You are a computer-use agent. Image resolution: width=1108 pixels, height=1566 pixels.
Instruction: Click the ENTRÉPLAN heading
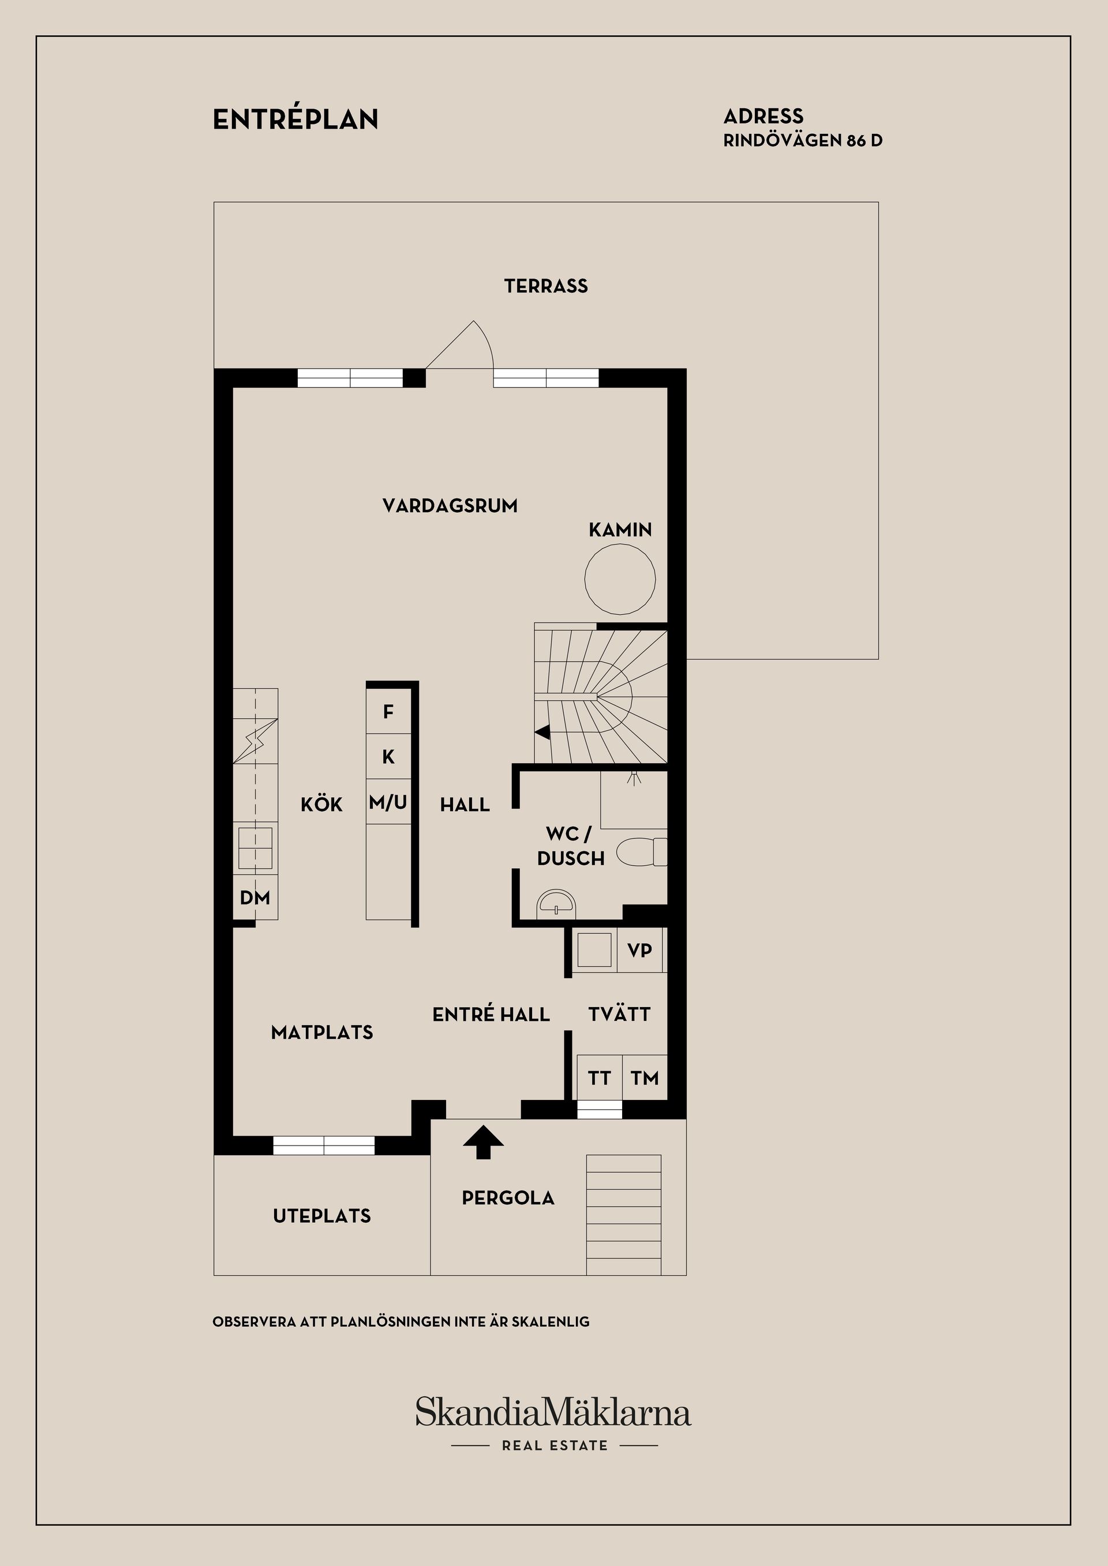pyautogui.click(x=295, y=119)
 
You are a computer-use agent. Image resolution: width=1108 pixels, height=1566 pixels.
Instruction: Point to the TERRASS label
pyautogui.click(x=546, y=286)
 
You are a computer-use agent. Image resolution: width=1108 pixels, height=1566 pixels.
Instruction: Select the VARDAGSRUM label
pyautogui.click(x=450, y=505)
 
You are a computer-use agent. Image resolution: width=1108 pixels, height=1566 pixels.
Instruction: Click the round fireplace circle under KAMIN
pyautogui.click(x=619, y=579)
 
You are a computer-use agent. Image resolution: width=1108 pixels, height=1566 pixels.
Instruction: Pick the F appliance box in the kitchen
pyautogui.click(x=388, y=711)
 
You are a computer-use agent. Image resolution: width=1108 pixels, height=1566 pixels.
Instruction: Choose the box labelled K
pyautogui.click(x=388, y=756)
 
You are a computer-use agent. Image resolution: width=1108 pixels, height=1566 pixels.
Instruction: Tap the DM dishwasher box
pyautogui.click(x=255, y=897)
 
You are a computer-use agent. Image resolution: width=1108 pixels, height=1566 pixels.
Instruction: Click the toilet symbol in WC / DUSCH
pyautogui.click(x=641, y=852)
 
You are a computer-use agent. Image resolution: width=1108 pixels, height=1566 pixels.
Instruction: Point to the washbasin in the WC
pyautogui.click(x=557, y=903)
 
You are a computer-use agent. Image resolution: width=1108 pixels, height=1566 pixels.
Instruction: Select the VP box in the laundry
pyautogui.click(x=639, y=950)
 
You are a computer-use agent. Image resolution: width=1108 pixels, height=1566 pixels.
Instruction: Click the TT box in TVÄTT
pyautogui.click(x=599, y=1077)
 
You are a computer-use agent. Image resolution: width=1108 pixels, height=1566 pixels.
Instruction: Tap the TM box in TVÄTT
pyautogui.click(x=645, y=1077)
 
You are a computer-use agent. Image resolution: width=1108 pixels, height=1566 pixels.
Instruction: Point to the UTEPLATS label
pyautogui.click(x=321, y=1215)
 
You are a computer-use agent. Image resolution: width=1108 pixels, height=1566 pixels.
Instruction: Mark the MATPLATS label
pyautogui.click(x=321, y=1032)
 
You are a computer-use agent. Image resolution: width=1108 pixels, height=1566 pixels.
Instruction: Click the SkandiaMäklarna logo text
pyautogui.click(x=553, y=1413)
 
